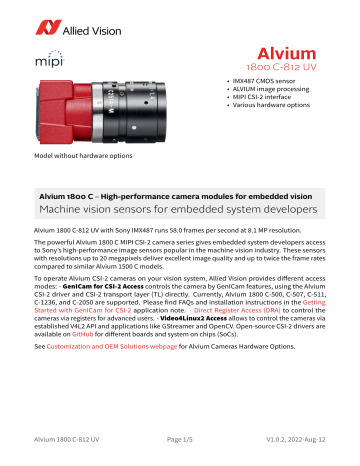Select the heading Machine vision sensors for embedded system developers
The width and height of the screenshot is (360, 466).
tap(179, 213)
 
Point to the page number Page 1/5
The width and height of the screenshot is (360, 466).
tap(179, 452)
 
